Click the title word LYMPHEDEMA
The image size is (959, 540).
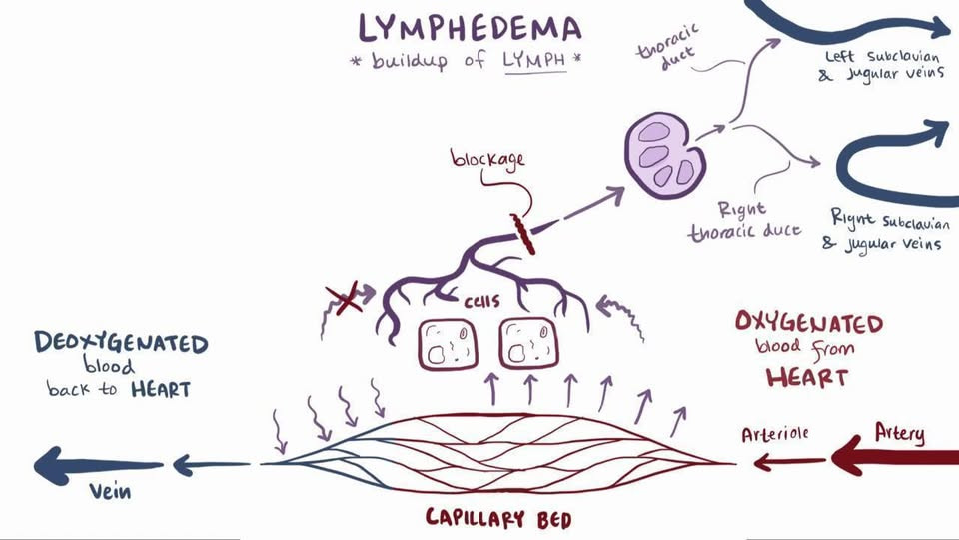pos(470,28)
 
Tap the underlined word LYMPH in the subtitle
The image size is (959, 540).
pos(535,60)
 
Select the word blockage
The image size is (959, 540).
pos(487,159)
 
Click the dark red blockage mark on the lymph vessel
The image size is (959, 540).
pos(523,234)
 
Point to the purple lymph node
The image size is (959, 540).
pos(664,155)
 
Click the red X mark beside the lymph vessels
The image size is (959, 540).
pos(344,300)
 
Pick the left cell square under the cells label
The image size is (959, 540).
pos(449,344)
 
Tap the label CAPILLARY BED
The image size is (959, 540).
pos(498,519)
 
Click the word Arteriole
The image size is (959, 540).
pos(775,434)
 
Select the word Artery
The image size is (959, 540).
pos(899,433)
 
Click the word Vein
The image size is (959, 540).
pos(110,491)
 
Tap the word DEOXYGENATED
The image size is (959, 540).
pos(121,342)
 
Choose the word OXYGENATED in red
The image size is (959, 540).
pos(809,322)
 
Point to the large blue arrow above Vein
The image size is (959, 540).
pos(98,465)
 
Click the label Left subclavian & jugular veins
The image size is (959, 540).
pos(881,66)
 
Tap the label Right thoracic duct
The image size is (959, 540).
pos(744,222)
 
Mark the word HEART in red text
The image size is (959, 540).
pos(807,377)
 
